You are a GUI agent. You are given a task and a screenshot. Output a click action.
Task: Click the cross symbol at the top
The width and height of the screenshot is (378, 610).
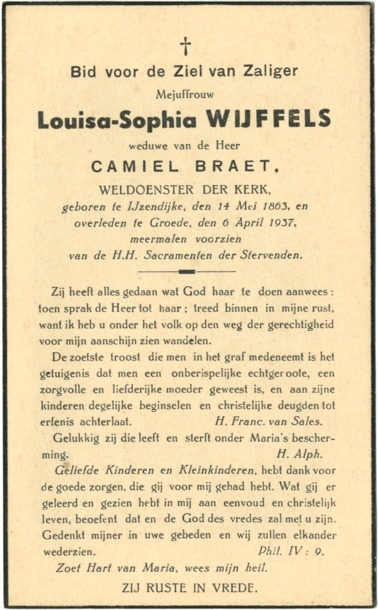coord(186,46)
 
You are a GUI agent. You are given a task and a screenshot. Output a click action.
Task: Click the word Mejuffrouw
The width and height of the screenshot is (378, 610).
coord(185,95)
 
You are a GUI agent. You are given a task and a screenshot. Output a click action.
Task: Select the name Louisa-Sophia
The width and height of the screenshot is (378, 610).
coord(118,120)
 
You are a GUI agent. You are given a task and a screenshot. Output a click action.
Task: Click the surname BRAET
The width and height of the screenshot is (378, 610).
coord(234,167)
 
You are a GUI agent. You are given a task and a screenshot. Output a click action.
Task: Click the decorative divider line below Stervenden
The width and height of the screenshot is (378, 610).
coord(186,271)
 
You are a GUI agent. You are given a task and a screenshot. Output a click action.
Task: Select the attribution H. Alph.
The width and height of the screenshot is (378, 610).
coord(299,454)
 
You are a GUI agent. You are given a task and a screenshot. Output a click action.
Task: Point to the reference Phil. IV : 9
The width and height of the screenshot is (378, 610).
coord(290,551)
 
